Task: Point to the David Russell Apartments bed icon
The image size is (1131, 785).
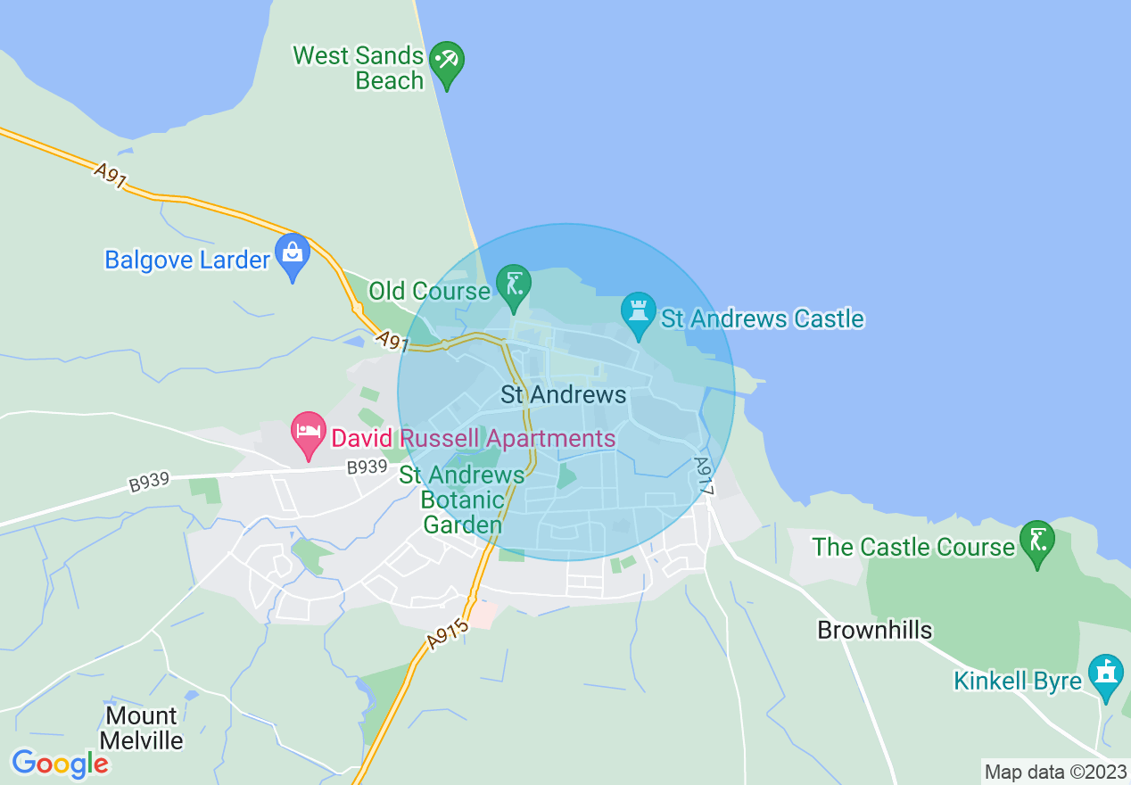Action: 308,433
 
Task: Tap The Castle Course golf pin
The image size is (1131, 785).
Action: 1037,541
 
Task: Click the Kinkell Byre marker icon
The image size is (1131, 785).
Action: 1106,675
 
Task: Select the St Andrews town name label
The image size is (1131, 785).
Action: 563,394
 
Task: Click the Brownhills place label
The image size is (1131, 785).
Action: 874,630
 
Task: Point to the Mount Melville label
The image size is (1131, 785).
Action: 141,728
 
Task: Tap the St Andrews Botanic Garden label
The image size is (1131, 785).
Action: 462,500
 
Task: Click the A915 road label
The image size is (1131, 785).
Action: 447,635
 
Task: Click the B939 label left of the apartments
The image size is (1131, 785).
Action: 148,482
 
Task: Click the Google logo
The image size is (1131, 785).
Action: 60,764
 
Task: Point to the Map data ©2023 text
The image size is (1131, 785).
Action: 1055,772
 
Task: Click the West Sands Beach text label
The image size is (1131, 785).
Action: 359,68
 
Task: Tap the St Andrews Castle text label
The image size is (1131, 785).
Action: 762,318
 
